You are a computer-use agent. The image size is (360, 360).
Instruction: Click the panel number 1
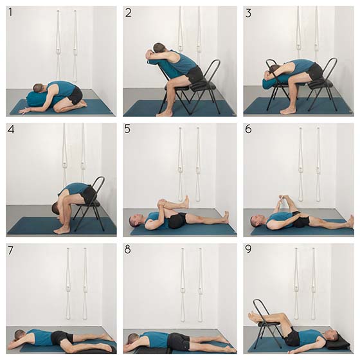[10, 12]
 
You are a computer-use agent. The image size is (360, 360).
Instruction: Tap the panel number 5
[127, 129]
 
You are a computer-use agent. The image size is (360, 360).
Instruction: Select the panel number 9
[248, 249]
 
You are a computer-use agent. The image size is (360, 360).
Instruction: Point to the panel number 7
[10, 250]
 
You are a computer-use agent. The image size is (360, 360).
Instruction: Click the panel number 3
[248, 13]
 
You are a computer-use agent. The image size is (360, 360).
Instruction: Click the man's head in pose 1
[38, 87]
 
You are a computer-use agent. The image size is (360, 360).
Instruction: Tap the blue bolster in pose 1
[38, 99]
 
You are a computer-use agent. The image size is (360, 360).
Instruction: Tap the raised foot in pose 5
[186, 202]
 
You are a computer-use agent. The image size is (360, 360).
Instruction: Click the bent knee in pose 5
[161, 203]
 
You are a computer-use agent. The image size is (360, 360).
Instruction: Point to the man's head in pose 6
[256, 221]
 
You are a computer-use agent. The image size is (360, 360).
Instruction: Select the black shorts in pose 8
[177, 340]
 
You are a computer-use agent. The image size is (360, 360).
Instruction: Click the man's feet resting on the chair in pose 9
[254, 317]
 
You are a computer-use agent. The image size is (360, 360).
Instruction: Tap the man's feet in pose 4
[61, 230]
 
